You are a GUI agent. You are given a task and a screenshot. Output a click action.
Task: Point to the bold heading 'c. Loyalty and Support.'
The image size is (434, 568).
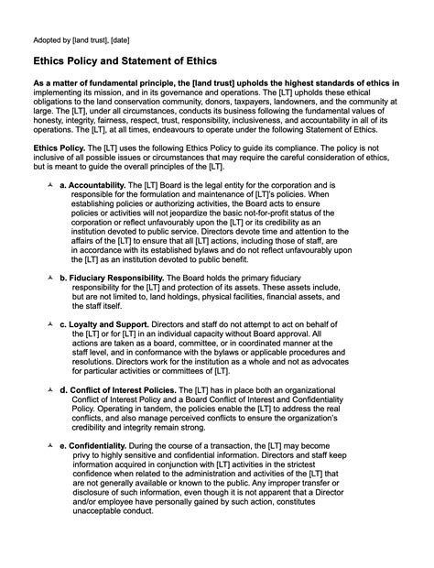tap(103, 324)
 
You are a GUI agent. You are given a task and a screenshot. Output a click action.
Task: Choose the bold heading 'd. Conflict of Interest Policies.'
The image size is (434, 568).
tap(119, 390)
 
